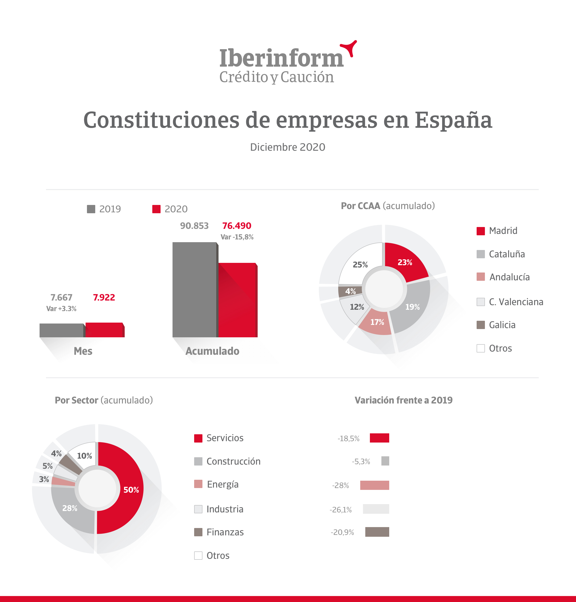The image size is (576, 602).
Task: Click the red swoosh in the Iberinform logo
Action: tap(349, 47)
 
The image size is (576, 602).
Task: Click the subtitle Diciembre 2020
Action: tap(287, 147)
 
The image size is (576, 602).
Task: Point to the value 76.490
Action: tap(236, 226)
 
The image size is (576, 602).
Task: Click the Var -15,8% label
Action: tap(237, 237)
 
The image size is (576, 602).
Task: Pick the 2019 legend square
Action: tap(91, 209)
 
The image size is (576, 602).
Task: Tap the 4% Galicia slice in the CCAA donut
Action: tap(350, 291)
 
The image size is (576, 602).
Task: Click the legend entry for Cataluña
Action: tap(501, 254)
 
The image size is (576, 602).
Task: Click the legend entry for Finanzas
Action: tap(219, 532)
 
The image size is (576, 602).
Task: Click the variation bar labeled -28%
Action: tap(374, 485)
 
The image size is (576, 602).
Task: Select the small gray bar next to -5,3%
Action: tap(385, 461)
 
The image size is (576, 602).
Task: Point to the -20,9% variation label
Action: tap(342, 532)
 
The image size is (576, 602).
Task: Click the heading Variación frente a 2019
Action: tap(403, 400)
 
